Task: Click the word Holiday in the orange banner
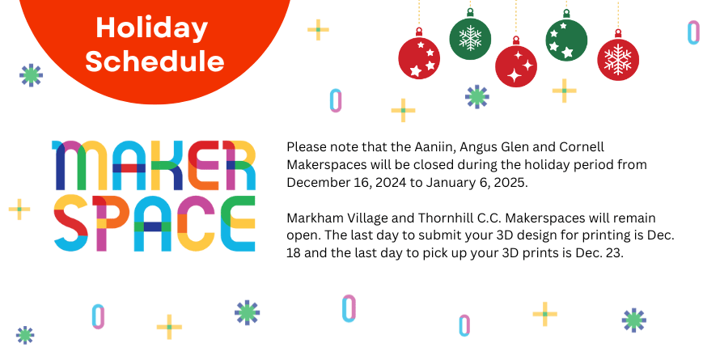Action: tap(151, 28)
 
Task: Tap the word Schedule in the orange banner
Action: tap(155, 61)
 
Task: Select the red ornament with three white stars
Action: tap(419, 59)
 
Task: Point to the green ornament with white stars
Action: tap(566, 40)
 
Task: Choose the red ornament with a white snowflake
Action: tap(618, 60)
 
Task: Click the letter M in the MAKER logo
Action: tap(74, 163)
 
